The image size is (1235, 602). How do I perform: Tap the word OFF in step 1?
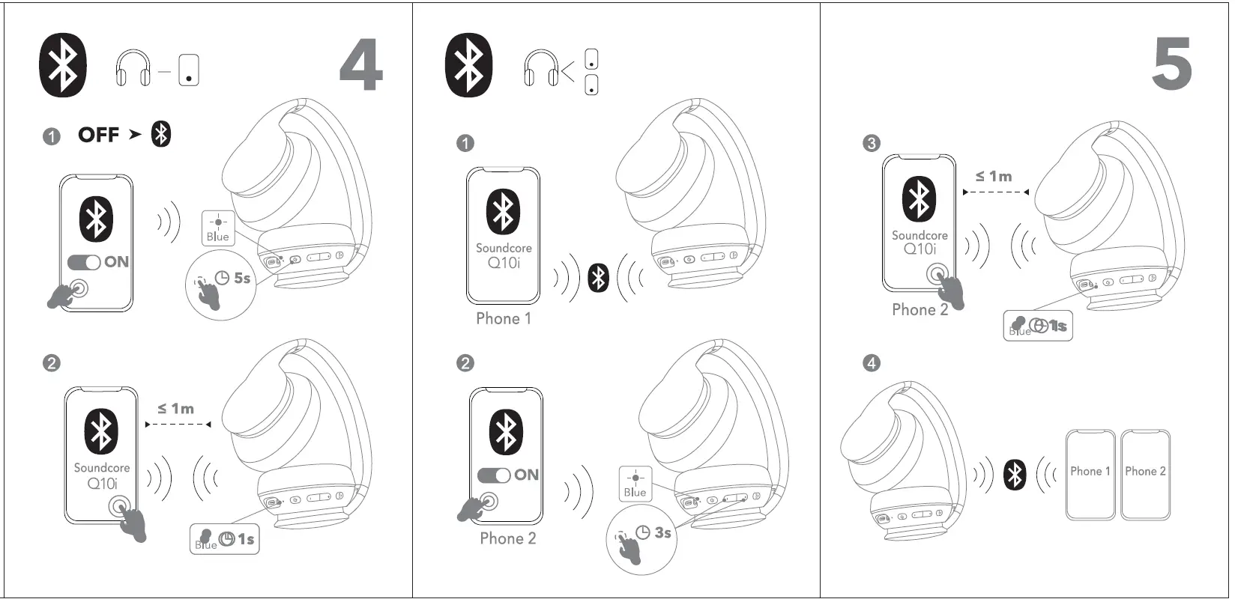pyautogui.click(x=99, y=135)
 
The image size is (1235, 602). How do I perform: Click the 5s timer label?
pyautogui.click(x=241, y=279)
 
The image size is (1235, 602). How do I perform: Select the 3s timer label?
pyautogui.click(x=662, y=532)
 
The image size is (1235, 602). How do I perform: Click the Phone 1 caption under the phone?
pyautogui.click(x=504, y=319)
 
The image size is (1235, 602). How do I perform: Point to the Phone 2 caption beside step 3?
pyautogui.click(x=920, y=310)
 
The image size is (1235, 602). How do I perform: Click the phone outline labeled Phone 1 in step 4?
pyautogui.click(x=1090, y=474)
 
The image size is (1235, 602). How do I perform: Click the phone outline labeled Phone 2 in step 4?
pyautogui.click(x=1145, y=474)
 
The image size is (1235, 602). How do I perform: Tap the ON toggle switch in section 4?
pyautogui.click(x=84, y=263)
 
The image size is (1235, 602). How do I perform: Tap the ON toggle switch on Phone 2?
pyautogui.click(x=494, y=475)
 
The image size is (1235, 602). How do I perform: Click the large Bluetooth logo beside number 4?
pyautogui.click(x=63, y=64)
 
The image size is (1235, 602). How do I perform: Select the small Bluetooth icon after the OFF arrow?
pyautogui.click(x=161, y=134)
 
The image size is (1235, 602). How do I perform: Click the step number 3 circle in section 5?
pyautogui.click(x=871, y=143)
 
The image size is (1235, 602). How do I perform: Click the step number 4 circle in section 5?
pyautogui.click(x=871, y=363)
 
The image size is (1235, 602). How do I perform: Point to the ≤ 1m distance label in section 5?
pyautogui.click(x=994, y=177)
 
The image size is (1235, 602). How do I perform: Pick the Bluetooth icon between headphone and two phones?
pyautogui.click(x=1015, y=475)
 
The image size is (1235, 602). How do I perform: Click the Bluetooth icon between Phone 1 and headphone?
pyautogui.click(x=598, y=279)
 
